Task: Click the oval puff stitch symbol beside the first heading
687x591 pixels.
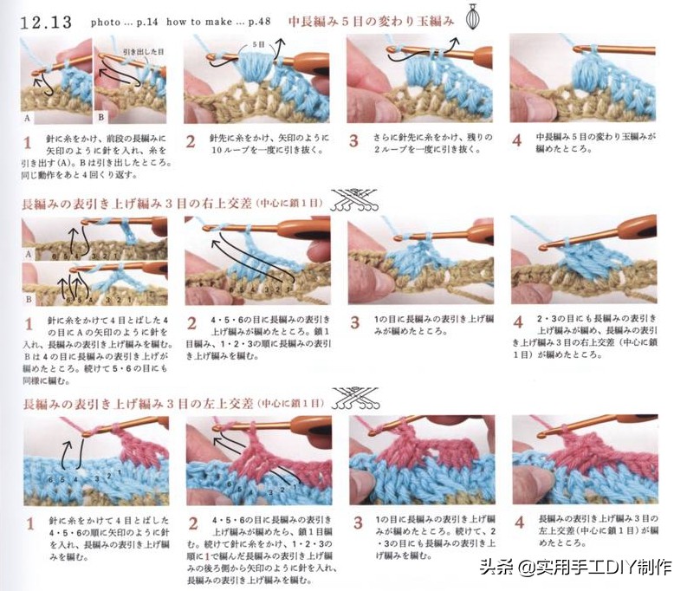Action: tap(473, 17)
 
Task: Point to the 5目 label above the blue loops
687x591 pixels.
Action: tap(258, 42)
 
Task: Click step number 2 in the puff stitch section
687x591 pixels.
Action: tap(191, 141)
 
